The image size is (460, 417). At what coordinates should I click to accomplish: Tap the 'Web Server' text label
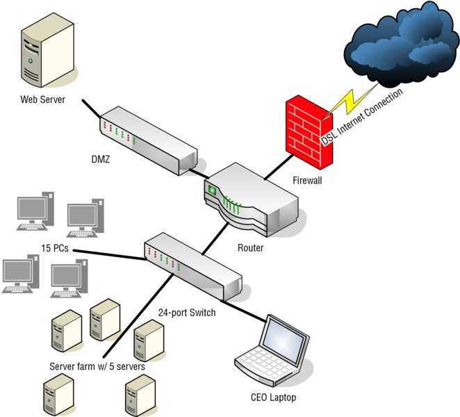tap(43, 99)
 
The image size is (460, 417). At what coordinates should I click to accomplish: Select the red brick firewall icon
tap(309, 132)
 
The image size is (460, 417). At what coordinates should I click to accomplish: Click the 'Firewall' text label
tap(307, 180)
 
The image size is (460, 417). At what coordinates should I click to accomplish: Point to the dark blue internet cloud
tap(402, 44)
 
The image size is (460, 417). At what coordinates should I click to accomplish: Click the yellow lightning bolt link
tap(351, 101)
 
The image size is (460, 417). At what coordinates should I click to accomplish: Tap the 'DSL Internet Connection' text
tap(362, 117)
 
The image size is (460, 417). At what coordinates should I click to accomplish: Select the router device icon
tap(251, 199)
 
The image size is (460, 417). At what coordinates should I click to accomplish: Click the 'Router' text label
tap(250, 248)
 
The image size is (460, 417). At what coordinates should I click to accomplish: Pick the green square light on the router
tap(212, 190)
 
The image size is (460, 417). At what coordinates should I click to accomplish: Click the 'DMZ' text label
tap(101, 159)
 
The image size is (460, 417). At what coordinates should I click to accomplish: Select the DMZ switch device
tap(149, 141)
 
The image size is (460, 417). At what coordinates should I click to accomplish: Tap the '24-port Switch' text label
tap(187, 313)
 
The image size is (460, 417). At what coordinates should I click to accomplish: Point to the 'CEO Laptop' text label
tap(273, 398)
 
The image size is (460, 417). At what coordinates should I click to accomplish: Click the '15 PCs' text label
tap(55, 248)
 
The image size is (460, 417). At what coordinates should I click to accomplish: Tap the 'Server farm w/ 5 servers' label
tap(97, 366)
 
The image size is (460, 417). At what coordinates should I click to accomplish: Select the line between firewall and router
tap(279, 167)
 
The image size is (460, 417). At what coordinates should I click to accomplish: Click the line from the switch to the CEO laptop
tap(244, 311)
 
